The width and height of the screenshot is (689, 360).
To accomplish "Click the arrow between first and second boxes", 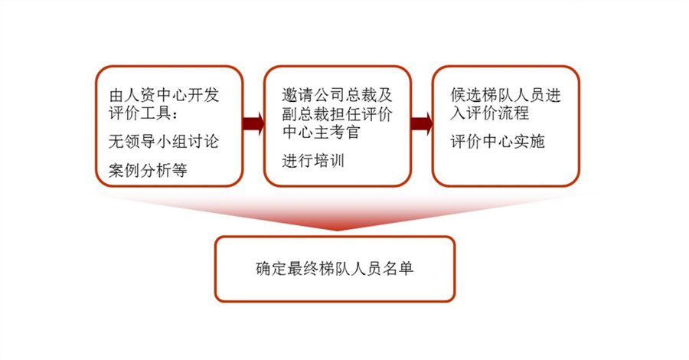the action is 253,123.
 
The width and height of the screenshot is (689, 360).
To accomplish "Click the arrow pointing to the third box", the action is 422,123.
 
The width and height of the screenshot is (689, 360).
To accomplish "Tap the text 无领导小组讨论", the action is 164,142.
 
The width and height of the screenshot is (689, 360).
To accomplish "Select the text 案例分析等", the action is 148,170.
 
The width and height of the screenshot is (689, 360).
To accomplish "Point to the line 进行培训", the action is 313,161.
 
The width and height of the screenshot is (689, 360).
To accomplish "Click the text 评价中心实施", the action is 498,142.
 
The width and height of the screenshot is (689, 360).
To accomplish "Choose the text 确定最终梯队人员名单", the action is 335,269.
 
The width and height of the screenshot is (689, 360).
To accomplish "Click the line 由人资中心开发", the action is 164,95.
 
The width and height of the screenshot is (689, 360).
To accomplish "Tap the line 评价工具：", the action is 144,113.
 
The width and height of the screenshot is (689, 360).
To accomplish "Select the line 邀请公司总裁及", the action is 337,95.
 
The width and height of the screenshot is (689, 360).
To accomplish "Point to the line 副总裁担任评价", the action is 337,114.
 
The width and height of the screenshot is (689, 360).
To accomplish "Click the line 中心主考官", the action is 322,132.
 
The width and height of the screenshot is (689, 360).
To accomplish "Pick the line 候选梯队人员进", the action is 506,95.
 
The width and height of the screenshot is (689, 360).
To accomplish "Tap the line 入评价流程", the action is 489,113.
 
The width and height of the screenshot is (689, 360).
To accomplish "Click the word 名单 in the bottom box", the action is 398,269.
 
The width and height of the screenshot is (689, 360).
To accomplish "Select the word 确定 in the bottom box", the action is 272,269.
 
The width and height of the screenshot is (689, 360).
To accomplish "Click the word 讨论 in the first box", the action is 203,142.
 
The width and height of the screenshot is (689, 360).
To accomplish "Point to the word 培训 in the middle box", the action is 328,161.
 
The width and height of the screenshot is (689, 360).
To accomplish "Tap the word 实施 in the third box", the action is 529,142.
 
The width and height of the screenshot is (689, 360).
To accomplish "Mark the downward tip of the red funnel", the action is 337,231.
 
